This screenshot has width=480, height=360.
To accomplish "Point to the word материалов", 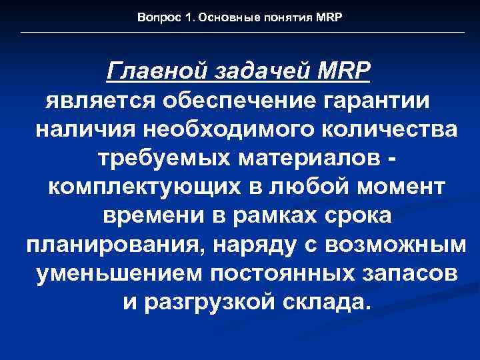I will (301, 157).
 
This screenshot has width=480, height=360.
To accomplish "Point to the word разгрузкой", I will (214, 303).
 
